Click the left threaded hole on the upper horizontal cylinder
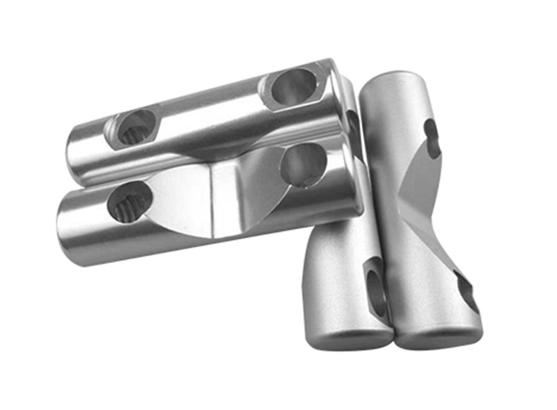[x=134, y=127]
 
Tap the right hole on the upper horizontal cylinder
[x=293, y=87]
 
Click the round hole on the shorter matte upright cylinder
[x=377, y=285]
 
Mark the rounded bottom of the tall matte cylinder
[x=439, y=338]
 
